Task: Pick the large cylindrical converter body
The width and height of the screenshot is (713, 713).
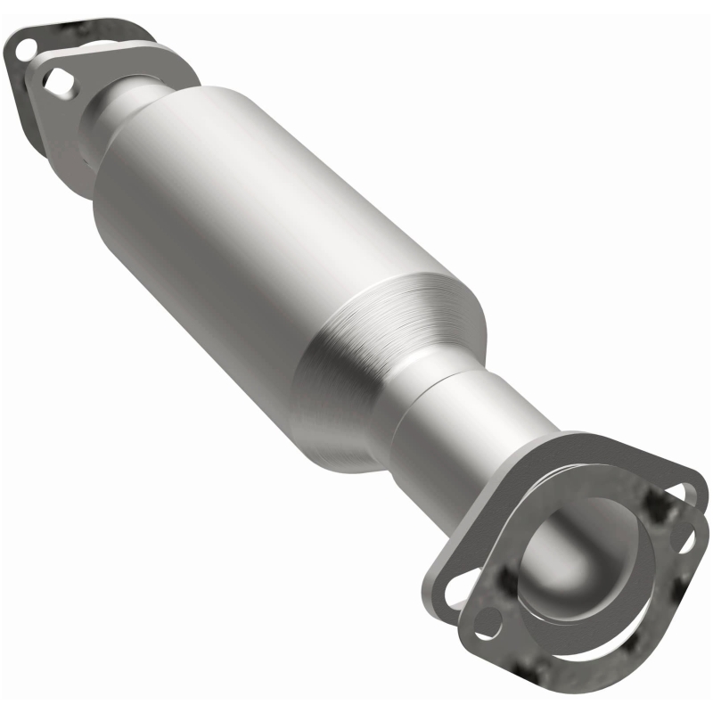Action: click(267, 223)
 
